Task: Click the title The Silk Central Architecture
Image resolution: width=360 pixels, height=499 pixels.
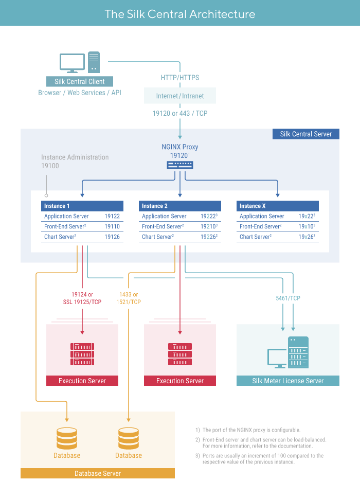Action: coord(179,14)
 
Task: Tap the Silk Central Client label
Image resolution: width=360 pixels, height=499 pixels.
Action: coord(79,81)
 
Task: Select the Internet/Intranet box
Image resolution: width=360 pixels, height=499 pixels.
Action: coord(180,96)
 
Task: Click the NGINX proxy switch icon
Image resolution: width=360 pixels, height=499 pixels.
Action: coord(180,165)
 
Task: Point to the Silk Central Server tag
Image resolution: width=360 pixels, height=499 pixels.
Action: coord(306,134)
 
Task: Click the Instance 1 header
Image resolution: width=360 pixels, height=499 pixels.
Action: coord(82,206)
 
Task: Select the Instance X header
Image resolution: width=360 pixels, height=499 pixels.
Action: coord(278,206)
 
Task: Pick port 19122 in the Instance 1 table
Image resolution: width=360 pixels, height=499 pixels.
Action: coord(112,217)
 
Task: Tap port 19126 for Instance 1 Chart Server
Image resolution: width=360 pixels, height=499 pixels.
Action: coord(112,237)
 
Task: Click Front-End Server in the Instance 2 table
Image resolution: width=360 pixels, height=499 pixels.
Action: coord(163,227)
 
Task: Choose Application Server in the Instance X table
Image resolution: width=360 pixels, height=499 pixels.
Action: coord(262,217)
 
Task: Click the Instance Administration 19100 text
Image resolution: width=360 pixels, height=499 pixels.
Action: coord(75,162)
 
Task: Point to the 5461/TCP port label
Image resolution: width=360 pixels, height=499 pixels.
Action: coord(287,298)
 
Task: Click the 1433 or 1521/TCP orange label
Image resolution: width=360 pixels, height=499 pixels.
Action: coord(128,298)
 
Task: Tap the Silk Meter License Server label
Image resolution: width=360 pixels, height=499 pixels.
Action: coord(288,381)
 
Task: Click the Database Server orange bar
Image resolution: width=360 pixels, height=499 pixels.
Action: coord(98,473)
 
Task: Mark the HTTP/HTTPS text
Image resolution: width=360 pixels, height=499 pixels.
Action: coord(180,78)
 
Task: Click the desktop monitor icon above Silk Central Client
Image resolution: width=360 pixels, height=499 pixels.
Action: coord(72,63)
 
